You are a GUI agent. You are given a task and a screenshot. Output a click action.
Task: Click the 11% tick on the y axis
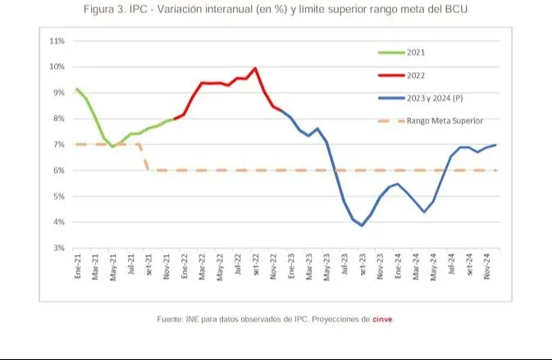pos(57,40)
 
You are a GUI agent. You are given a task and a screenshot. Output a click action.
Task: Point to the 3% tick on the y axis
pos(58,248)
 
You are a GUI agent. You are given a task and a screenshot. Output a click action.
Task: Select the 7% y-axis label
pos(58,144)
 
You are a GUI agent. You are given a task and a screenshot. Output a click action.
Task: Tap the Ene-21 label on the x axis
pos(77,268)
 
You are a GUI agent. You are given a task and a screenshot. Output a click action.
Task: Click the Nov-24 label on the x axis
pos(488,268)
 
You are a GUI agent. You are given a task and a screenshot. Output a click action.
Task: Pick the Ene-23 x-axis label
pos(291,268)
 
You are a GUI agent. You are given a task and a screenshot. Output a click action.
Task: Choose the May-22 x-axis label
pos(220,268)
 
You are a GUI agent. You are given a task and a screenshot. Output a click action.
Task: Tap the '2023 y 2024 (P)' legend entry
pos(436,98)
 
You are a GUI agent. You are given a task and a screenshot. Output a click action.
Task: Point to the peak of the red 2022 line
pos(255,68)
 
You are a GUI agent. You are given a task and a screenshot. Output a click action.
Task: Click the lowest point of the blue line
pos(362,226)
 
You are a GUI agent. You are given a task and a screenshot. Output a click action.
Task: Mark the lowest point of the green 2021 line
pos(112,146)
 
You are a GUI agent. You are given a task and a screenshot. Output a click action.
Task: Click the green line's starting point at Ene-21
pos(76,89)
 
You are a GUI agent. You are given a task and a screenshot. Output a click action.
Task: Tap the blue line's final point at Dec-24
pos(496,144)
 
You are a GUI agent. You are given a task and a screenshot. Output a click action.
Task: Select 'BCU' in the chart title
pos(459,9)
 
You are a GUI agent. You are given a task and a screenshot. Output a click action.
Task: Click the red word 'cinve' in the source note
pos(383,319)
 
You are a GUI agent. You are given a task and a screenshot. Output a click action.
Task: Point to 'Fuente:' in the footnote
pos(171,319)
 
